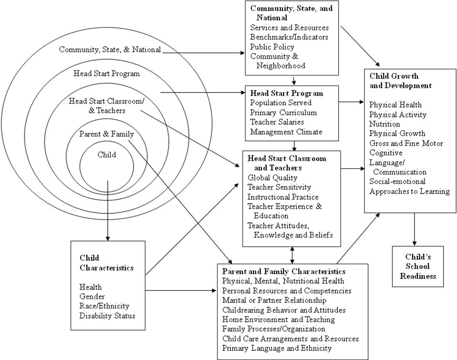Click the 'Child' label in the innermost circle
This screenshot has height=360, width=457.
pos(106,154)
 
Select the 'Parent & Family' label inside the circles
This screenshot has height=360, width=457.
pos(106,134)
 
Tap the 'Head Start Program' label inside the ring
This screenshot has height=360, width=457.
pos(106,73)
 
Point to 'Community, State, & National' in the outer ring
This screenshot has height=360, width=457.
pos(110,50)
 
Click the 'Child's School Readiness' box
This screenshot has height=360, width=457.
pos(417,266)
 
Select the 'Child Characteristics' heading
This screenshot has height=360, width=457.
pos(106,263)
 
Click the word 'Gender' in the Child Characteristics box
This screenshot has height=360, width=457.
pos(92,297)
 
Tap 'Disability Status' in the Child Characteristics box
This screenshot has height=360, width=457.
pos(107,316)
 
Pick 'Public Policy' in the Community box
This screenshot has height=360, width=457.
pos(272,47)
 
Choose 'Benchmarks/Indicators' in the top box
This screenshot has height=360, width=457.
pos(289,37)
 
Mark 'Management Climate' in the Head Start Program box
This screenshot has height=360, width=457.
pos(286,132)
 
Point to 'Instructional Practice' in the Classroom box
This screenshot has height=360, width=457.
pos(283,197)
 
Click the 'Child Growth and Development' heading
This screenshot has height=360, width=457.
pos(400,81)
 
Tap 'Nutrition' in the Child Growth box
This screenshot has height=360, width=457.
pos(384,124)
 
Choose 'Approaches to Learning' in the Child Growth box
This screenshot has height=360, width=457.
pos(409,191)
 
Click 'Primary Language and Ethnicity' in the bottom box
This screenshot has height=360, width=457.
pos(277,348)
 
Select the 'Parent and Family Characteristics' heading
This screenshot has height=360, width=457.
pos(284,271)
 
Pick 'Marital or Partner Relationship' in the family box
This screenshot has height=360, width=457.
pos(274,300)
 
